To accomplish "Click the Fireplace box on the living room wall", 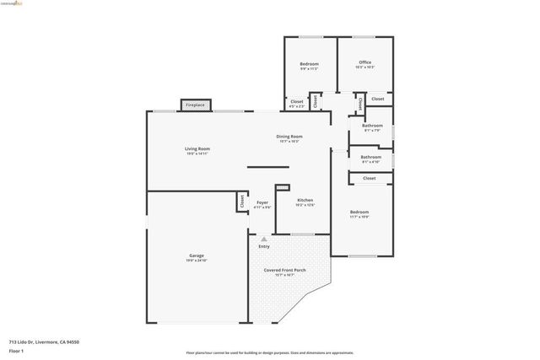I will pos(195,105).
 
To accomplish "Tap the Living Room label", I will pos(197,149).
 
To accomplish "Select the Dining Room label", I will pos(289,137).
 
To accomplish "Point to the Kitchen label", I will pos(305,200).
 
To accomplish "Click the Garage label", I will pos(196,255).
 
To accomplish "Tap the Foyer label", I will pos(262,202).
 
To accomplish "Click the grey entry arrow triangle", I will pos(263,239).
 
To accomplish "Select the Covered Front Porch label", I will pos(284,270).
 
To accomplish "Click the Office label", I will pos(364,62).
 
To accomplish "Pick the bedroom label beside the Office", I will pos(309,64).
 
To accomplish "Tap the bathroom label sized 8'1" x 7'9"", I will pos(372,126).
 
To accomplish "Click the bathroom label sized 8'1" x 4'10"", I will pos(371,157).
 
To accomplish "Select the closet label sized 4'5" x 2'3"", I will pos(297,102).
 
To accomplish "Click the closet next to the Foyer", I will pos(242,201).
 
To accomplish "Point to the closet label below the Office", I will pos(377,99).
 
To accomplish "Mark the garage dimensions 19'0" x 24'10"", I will pos(196,261).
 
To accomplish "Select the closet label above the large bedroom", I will pos(370,179).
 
